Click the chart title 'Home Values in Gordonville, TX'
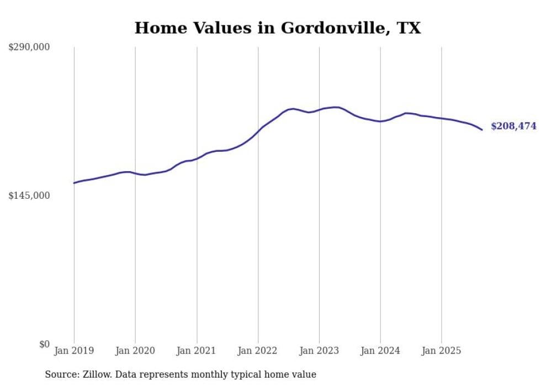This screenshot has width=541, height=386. (278, 28)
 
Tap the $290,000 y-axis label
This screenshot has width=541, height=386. (29, 47)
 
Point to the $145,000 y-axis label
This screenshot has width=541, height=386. (29, 195)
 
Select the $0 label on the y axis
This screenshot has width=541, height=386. (44, 344)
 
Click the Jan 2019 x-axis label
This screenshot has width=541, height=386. (74, 351)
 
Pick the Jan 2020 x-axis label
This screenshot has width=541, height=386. (135, 351)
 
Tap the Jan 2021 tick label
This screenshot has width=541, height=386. (197, 351)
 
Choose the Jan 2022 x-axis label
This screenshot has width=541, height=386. (258, 351)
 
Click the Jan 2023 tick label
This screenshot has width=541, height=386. (319, 351)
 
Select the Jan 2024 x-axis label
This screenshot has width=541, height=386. (380, 351)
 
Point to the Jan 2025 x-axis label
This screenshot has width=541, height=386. (441, 351)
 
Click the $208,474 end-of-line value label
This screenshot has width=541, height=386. (513, 126)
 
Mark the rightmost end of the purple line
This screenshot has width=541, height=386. (482, 130)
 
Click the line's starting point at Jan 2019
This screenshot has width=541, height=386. (74, 183)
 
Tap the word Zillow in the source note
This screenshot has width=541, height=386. (94, 374)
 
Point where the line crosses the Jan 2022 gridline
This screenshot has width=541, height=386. (258, 131)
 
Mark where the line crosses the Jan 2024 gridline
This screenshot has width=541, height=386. (380, 121)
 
